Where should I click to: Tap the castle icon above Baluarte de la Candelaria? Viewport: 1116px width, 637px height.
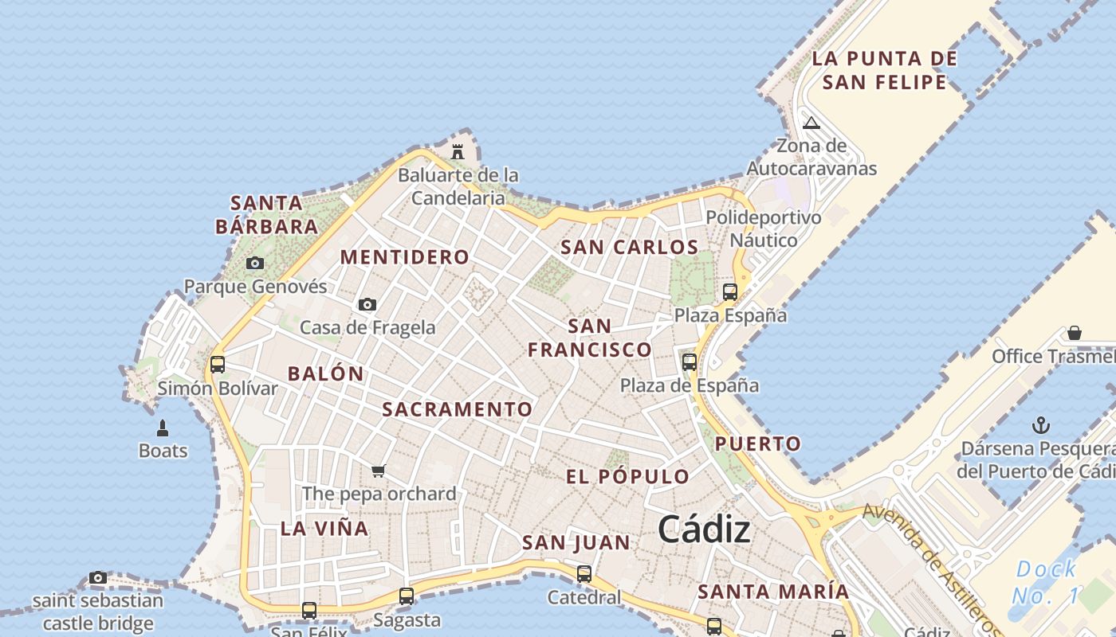458,150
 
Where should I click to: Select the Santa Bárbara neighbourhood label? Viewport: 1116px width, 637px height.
267,215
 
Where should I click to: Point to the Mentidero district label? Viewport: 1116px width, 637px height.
405,257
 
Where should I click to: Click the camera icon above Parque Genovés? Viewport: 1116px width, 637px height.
255,263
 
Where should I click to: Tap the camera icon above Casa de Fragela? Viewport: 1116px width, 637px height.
367,304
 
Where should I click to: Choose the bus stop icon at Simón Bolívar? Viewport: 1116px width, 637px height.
217,365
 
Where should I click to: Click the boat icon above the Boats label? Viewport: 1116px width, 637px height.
163,428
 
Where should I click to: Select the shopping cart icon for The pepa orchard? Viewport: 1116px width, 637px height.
379,471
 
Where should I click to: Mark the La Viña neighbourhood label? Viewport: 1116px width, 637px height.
324,529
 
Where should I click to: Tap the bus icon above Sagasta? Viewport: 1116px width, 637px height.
407,596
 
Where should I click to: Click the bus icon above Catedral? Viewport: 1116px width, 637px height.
584,573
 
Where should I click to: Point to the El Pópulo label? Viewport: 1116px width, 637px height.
627,477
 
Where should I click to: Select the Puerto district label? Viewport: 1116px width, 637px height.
757,444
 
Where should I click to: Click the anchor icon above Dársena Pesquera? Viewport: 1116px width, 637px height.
1040,425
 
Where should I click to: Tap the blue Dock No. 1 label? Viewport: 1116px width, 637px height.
1046,582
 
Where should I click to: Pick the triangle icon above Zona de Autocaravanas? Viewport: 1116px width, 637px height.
811,123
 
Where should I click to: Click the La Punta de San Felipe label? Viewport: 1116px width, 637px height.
884,70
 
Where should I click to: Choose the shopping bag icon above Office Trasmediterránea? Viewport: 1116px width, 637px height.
1075,333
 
